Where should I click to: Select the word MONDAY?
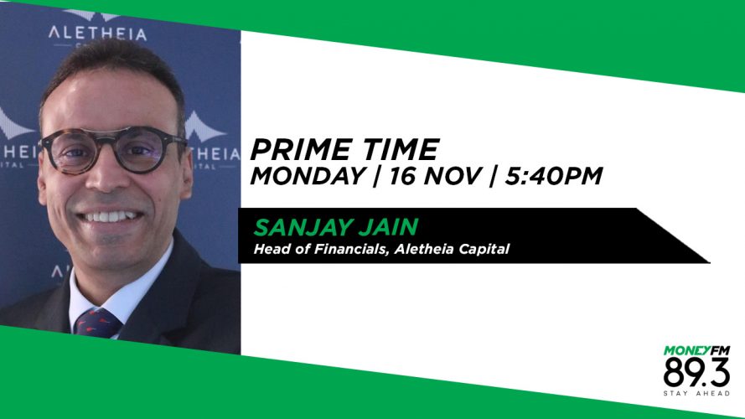(x=308, y=176)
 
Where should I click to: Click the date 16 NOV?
(x=435, y=176)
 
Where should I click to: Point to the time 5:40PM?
(x=553, y=176)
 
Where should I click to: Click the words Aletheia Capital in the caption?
(x=452, y=249)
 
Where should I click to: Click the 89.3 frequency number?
(x=696, y=373)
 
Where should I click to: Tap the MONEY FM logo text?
(x=696, y=351)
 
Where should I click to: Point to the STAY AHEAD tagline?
(x=696, y=393)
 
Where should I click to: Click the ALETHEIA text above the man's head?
(x=97, y=34)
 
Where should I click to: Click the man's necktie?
(x=96, y=323)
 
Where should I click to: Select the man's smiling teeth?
(x=110, y=217)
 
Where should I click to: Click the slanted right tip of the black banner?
(x=709, y=261)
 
